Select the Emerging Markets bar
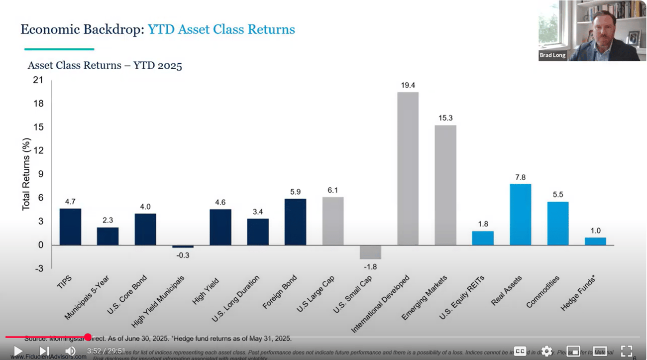pyautogui.click(x=445, y=185)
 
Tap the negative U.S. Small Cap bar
pyautogui.click(x=370, y=252)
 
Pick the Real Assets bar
pyautogui.click(x=520, y=214)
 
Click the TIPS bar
pyautogui.click(x=70, y=227)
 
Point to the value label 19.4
pyautogui.click(x=408, y=85)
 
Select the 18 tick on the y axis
pyautogui.click(x=38, y=104)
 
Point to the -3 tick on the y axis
pyautogui.click(x=38, y=269)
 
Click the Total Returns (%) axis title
pyautogui.click(x=26, y=174)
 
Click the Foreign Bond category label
pyautogui.click(x=280, y=292)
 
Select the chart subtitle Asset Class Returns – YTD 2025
pyautogui.click(x=105, y=65)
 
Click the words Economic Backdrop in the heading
pyautogui.click(x=82, y=29)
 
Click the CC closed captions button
pyautogui.click(x=520, y=351)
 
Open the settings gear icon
pyautogui.click(x=546, y=351)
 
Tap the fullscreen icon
pyautogui.click(x=626, y=351)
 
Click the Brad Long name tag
pyautogui.click(x=552, y=55)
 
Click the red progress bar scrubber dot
pyautogui.click(x=88, y=337)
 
